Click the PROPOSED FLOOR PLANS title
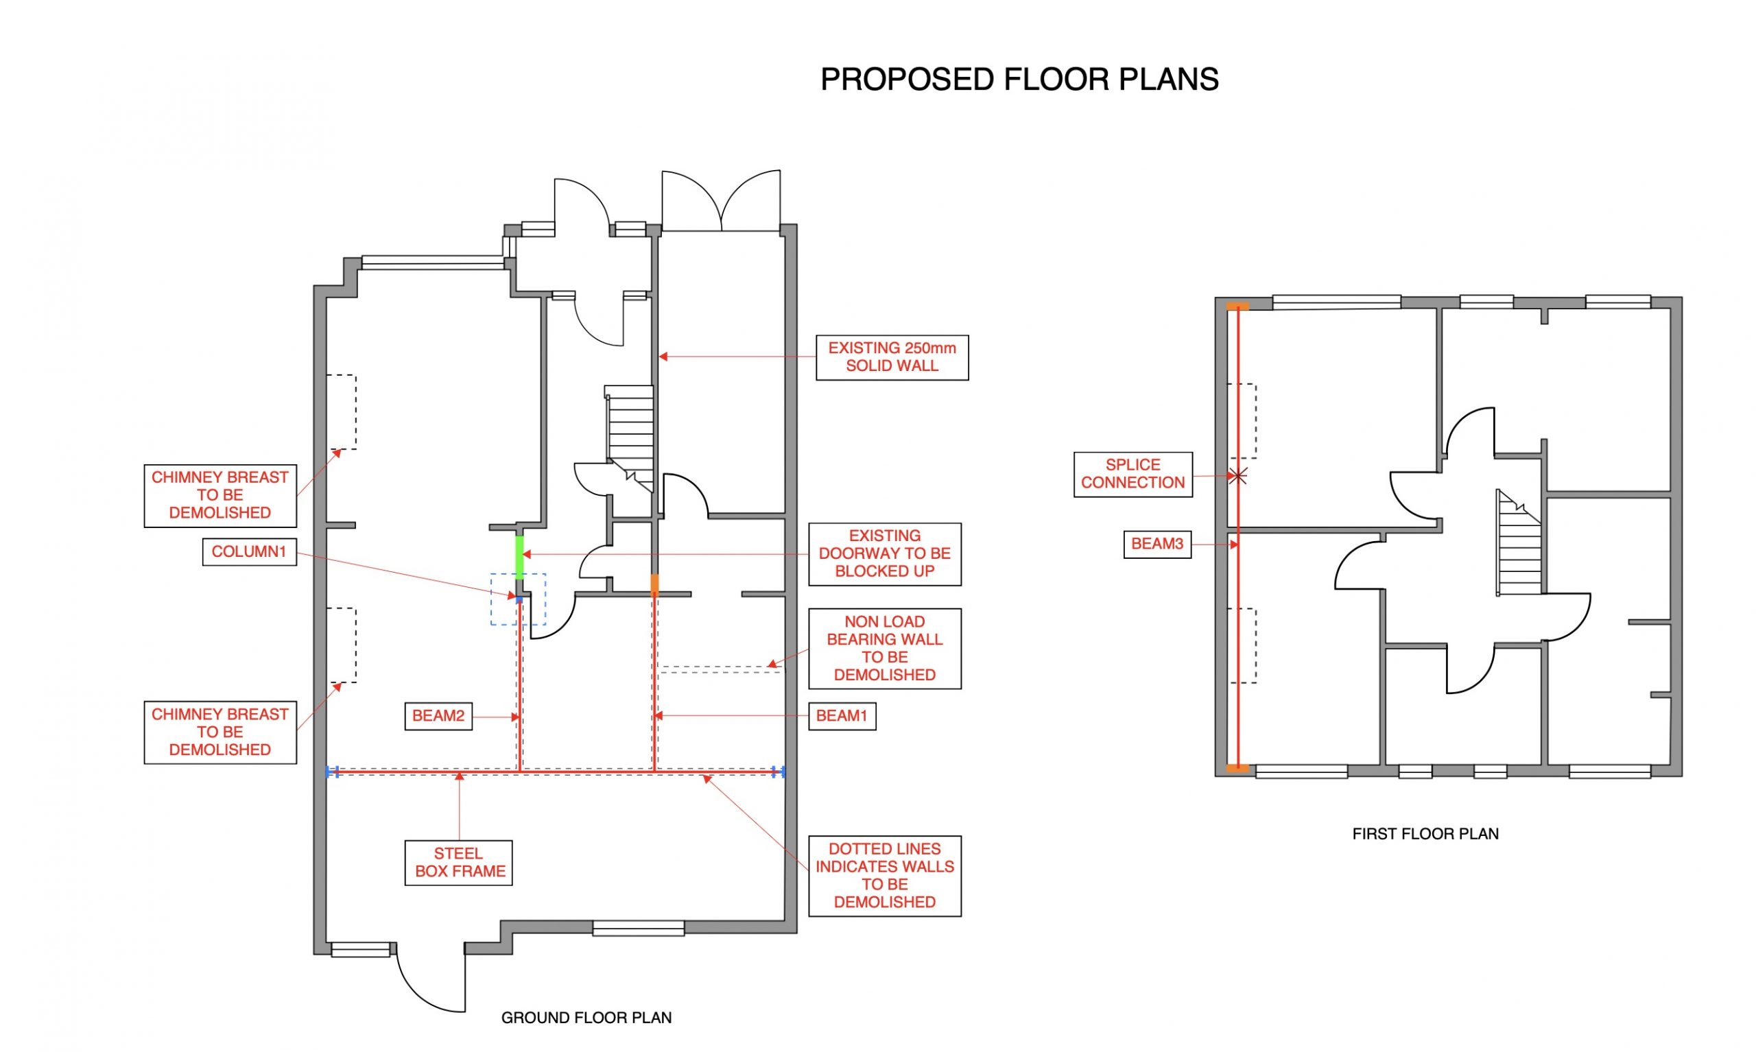[x=1019, y=80]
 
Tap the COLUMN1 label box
[x=249, y=551]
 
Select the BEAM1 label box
[x=842, y=715]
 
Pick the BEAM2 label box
[x=438, y=715]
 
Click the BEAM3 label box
[x=1156, y=544]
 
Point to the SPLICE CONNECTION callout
[x=1132, y=474]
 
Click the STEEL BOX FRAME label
[x=458, y=862]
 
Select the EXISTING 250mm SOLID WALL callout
[x=891, y=357]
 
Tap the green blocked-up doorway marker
[x=519, y=557]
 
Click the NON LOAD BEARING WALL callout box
[x=884, y=648]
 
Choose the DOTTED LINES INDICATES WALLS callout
[x=884, y=875]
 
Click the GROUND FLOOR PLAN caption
[x=586, y=1017]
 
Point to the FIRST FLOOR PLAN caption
[x=1425, y=834]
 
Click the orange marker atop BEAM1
[x=654, y=584]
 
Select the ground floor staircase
[x=630, y=433]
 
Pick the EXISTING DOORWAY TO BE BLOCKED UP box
[x=884, y=553]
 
